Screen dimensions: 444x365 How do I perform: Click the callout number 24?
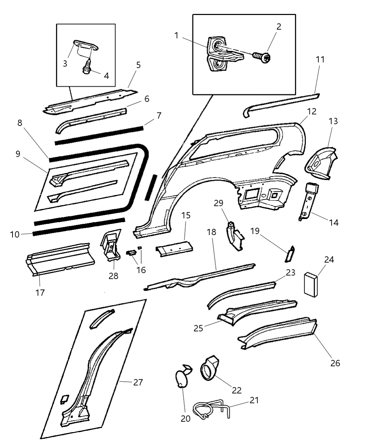tap(329, 259)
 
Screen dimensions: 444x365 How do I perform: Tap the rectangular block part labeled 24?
tap(311, 285)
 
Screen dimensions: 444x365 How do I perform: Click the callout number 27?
tap(138, 382)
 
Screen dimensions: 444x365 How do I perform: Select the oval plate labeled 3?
tap(85, 46)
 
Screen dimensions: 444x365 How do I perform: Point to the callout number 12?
tap(312, 111)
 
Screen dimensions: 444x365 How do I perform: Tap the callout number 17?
tap(40, 293)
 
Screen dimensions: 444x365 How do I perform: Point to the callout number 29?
tap(219, 203)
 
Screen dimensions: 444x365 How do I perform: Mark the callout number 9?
tap(18, 154)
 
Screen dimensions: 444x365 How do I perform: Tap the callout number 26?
tap(335, 363)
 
